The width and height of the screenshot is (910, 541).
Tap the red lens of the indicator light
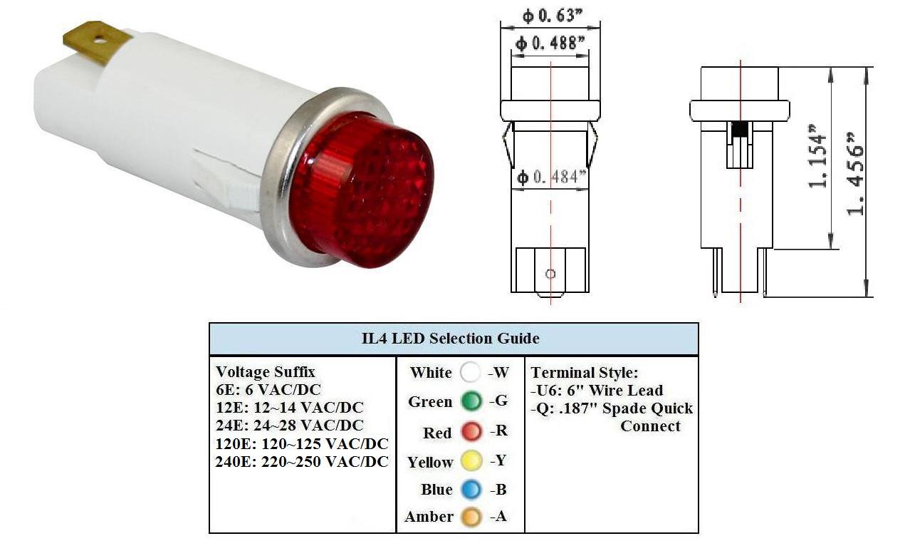362,190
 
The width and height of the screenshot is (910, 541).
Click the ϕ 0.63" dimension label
553,16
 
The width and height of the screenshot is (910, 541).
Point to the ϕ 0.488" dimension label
550,43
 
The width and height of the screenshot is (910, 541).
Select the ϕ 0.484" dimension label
552,177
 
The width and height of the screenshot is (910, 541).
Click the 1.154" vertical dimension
817,156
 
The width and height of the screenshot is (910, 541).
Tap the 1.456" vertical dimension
854,174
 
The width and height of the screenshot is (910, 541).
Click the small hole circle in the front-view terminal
550,274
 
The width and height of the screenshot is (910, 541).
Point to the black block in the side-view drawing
740,129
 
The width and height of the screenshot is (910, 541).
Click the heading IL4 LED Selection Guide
451,339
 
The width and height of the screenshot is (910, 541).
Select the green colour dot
471,401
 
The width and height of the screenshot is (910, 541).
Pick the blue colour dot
471,490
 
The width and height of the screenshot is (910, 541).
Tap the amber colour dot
471,517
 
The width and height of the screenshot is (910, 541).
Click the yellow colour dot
471,461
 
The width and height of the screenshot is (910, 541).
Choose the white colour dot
471,372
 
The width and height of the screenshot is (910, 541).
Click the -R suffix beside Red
499,431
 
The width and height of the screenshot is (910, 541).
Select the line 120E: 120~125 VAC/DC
302,444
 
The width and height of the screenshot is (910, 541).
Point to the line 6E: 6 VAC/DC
268,390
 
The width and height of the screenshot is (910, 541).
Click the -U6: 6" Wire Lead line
597,391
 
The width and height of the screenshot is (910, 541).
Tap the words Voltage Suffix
266,372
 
